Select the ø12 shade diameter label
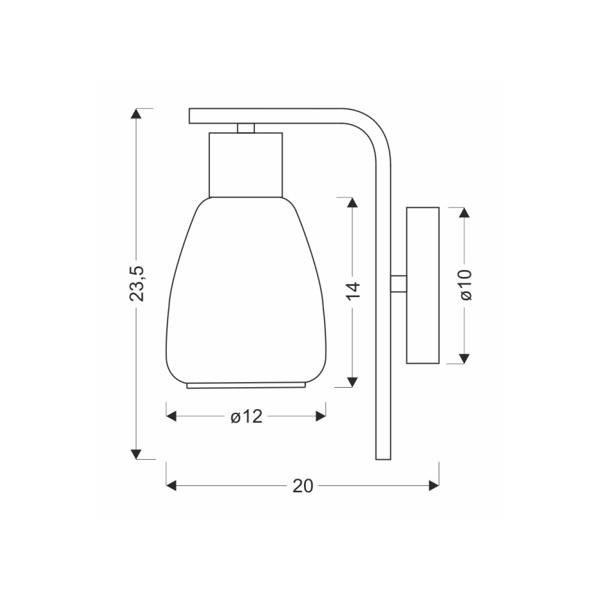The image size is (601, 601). coord(246,416)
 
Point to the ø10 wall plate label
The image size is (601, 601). coord(465,284)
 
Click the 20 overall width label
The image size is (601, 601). coord(303,485)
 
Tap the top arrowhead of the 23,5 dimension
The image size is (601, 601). coord(137,114)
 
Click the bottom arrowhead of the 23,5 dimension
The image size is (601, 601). coord(137,454)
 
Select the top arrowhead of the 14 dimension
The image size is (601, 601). coord(352,202)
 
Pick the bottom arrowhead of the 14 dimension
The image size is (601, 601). coord(352,381)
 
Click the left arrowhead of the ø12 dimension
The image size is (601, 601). coord(172,416)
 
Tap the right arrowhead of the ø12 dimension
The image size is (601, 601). coord(320,416)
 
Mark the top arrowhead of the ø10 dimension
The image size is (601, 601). coord(465,212)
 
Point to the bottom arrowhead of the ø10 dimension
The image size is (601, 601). coord(465,358)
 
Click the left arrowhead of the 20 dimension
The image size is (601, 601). coord(172,485)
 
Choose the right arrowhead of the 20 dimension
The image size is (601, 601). coord(434,485)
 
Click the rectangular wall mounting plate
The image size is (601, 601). coord(422,285)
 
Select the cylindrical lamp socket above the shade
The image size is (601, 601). coord(246,164)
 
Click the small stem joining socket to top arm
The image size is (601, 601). coord(246,128)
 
